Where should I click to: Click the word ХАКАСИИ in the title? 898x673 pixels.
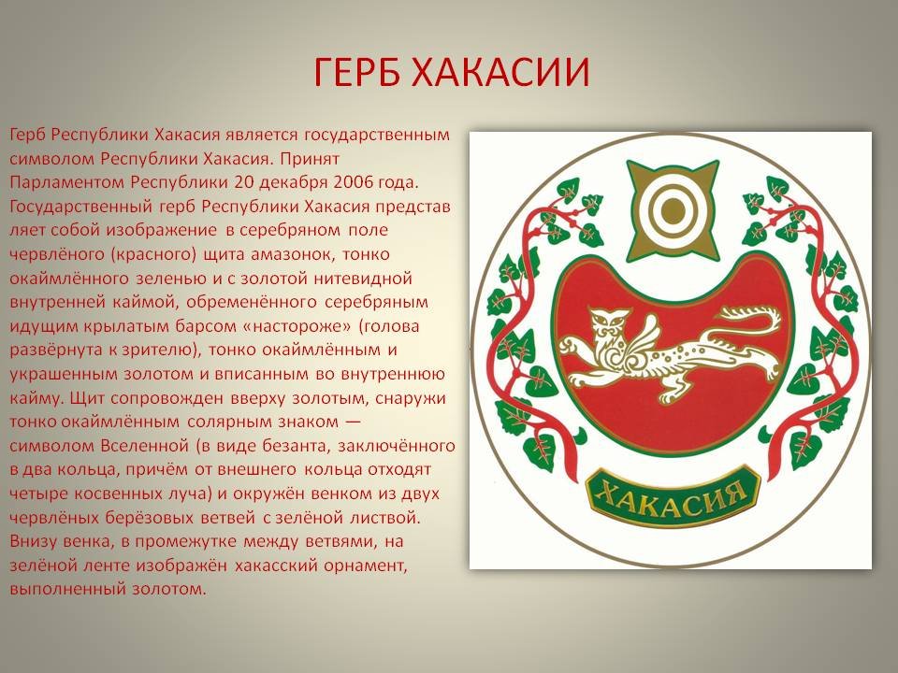(500, 72)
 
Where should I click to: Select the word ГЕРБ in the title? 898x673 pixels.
(356, 72)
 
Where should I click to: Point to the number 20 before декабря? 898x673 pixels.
(243, 182)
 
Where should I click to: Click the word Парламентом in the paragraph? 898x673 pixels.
(67, 182)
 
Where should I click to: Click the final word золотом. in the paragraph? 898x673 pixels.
(168, 589)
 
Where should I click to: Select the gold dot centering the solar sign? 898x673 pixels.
(673, 210)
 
